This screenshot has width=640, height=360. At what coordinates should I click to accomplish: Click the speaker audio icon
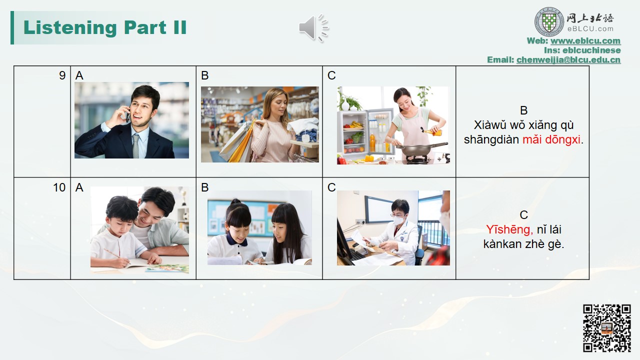tap(313, 27)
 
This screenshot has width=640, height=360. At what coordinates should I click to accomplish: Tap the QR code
tap(607, 328)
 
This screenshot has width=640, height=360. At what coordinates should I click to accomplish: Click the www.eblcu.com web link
tap(585, 40)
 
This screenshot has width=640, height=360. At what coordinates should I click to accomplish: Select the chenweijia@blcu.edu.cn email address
tap(568, 59)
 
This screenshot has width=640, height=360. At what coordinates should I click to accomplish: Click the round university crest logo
tap(549, 22)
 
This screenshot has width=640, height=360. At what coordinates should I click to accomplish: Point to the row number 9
tap(62, 75)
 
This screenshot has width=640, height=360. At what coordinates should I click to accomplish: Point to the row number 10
tap(59, 187)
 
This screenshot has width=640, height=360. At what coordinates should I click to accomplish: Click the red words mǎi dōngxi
tap(551, 139)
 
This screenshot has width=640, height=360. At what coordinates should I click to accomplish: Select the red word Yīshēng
tap(509, 229)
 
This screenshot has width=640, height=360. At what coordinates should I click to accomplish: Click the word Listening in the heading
tap(70, 27)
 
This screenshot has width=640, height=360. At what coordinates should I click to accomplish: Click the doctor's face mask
tap(398, 220)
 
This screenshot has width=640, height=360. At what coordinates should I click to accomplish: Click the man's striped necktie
tap(136, 145)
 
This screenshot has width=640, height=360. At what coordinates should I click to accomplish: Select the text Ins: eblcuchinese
tap(582, 50)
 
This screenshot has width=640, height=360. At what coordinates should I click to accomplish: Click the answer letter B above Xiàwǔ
tap(523, 110)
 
